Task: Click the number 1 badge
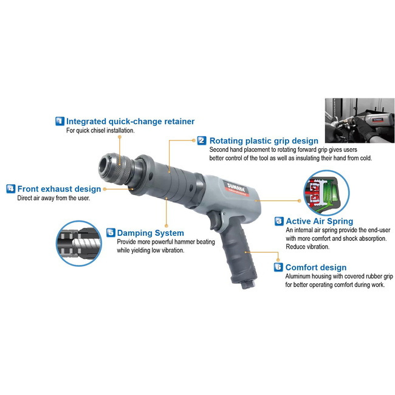(60, 121)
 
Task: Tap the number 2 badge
(202, 140)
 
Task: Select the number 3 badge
(279, 221)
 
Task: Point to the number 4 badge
(10, 188)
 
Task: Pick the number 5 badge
(111, 233)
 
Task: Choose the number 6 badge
(278, 267)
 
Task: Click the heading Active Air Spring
(320, 221)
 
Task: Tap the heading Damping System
(150, 233)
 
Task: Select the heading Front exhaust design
(59, 189)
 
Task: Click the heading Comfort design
(316, 267)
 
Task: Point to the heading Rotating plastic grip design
(264, 140)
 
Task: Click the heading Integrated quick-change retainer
(130, 122)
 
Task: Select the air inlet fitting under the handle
(246, 284)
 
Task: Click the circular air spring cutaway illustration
(326, 193)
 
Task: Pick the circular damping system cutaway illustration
(79, 243)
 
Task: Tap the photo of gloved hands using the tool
(360, 121)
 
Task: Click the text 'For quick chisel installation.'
(100, 131)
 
